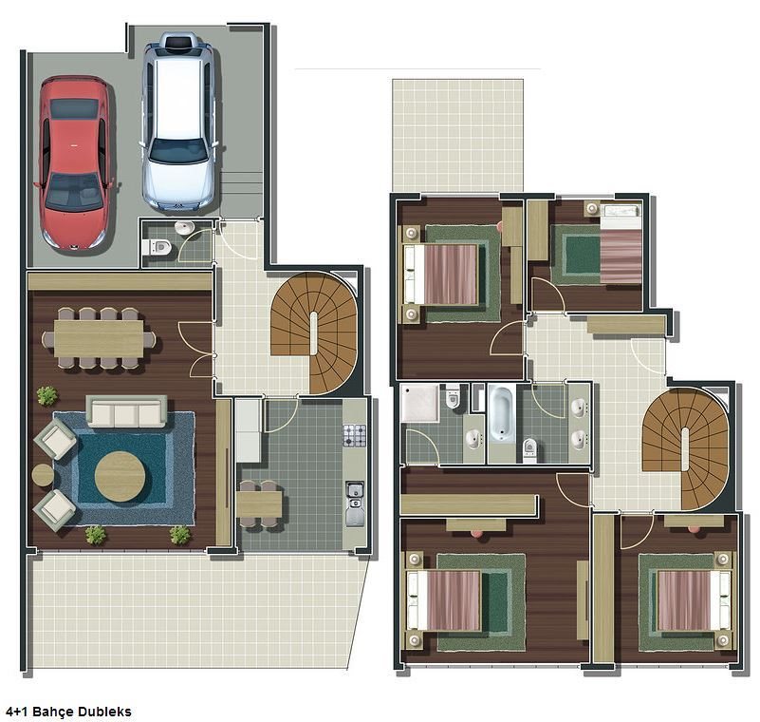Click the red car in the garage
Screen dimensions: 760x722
tap(75, 163)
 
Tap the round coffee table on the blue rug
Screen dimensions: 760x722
tap(120, 477)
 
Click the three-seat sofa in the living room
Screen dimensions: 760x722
tap(126, 411)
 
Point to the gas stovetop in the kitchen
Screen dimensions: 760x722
tap(355, 435)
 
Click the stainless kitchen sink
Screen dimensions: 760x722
tap(355, 503)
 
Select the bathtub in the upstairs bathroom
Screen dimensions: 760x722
tap(502, 413)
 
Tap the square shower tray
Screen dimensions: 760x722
tap(420, 403)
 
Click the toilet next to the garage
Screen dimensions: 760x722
tap(158, 247)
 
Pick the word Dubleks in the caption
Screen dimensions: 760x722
tap(104, 712)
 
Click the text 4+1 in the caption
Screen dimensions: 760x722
tap(17, 712)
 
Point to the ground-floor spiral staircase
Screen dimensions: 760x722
tap(314, 332)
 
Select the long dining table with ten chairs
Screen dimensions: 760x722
tap(99, 338)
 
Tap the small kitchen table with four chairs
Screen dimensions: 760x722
tap(259, 504)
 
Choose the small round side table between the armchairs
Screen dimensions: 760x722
tap(43, 475)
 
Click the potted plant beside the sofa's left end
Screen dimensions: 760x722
tap(47, 396)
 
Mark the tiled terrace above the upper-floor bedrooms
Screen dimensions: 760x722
tap(457, 136)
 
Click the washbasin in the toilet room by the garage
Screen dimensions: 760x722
tap(184, 227)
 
